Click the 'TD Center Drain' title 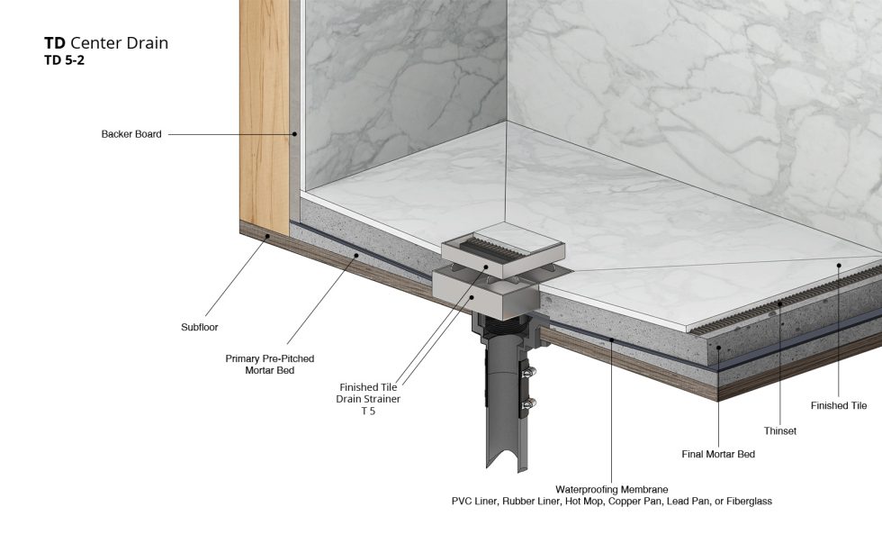106,42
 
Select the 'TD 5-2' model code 64,60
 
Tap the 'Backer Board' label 131,134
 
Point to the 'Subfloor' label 199,327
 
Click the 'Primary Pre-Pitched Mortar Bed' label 269,364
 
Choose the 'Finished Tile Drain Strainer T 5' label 368,399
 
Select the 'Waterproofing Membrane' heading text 611,490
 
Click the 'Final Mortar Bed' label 718,454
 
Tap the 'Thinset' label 779,431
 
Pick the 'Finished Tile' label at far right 839,406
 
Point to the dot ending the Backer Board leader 293,134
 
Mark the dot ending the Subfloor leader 268,237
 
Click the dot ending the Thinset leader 780,303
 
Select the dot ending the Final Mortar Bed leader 719,348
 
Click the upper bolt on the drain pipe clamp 529,373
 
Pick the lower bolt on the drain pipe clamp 529,403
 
